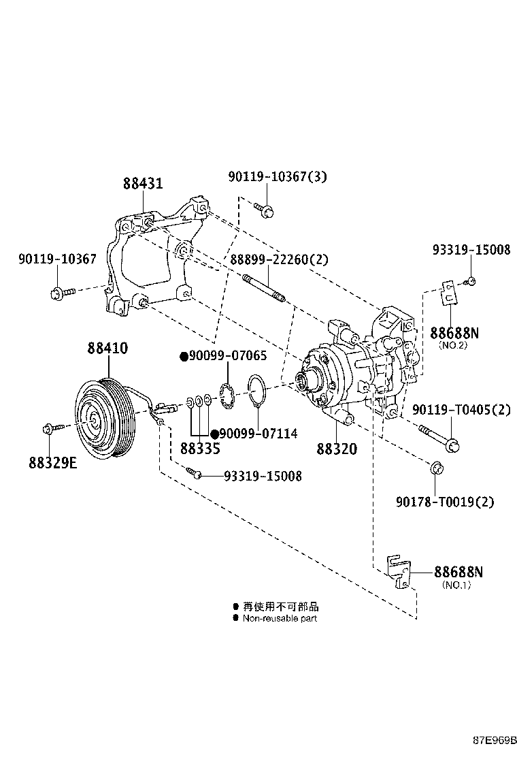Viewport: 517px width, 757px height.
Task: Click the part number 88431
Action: click(x=143, y=184)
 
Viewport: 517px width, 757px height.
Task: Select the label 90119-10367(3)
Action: click(x=278, y=177)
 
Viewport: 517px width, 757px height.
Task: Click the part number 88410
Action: click(x=107, y=349)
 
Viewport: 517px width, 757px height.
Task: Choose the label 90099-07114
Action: click(x=257, y=434)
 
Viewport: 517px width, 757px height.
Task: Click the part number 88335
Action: click(x=200, y=449)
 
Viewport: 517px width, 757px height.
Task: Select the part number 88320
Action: click(x=336, y=449)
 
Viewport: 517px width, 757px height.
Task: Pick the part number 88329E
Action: click(x=53, y=462)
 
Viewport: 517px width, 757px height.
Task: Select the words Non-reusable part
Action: click(x=280, y=619)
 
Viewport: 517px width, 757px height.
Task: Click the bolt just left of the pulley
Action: click(x=52, y=428)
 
